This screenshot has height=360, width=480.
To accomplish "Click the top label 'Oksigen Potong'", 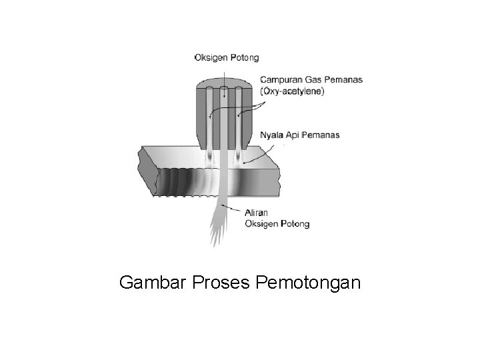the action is [x=227, y=57].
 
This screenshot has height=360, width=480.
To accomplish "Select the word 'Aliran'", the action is [x=258, y=213].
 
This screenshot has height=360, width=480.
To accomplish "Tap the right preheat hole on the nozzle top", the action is [x=238, y=90].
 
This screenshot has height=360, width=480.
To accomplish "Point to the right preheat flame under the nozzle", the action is [x=239, y=158].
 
